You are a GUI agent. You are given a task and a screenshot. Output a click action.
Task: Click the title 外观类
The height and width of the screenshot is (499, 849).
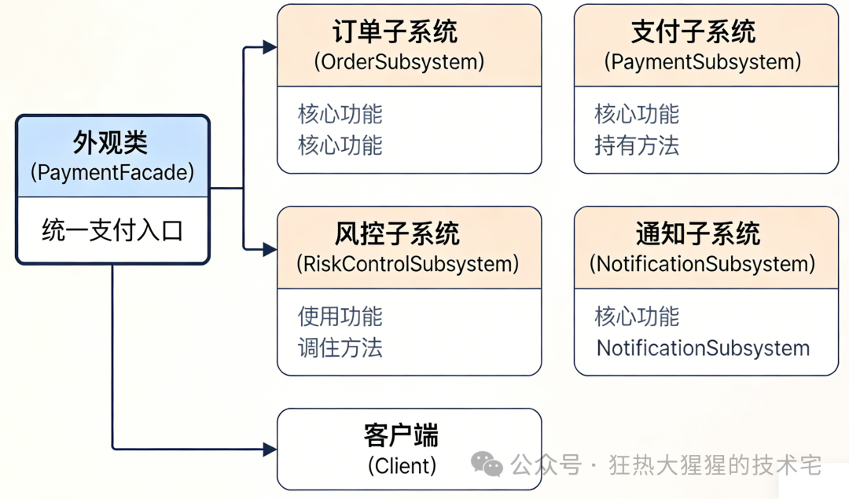point(112,143)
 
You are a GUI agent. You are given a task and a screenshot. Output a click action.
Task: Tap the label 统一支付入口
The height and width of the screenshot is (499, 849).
point(112,231)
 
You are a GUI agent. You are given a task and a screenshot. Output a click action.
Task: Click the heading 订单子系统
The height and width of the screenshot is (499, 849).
point(394,32)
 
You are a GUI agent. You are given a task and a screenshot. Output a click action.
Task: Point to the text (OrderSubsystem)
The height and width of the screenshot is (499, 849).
point(399,62)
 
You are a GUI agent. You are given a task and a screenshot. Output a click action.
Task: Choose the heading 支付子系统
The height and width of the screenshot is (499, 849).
point(693,32)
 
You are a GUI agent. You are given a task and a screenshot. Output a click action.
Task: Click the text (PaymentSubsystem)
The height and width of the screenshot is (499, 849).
point(703,62)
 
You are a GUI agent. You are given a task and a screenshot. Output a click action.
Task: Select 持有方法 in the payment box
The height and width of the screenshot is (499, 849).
point(637,145)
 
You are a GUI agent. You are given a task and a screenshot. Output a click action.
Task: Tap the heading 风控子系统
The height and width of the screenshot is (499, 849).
point(396,234)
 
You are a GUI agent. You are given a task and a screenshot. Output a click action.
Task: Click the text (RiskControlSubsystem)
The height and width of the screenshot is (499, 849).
point(407,264)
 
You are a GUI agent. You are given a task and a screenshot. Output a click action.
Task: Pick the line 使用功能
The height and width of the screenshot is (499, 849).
point(340,317)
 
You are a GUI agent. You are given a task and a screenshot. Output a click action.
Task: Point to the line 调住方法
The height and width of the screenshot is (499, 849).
point(340,348)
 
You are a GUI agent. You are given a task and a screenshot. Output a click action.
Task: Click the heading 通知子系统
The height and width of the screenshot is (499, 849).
point(697,234)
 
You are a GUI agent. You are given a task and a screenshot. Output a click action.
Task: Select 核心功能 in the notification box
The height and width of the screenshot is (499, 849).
point(637,317)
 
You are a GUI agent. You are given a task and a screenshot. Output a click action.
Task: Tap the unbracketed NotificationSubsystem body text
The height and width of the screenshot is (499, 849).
point(703,348)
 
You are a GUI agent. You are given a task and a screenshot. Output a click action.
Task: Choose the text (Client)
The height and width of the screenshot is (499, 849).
point(402,465)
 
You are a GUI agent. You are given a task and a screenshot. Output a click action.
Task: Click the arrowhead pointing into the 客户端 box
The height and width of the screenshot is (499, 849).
point(270,449)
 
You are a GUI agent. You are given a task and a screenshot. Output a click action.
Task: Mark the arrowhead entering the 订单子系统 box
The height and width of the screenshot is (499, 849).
point(270,47)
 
